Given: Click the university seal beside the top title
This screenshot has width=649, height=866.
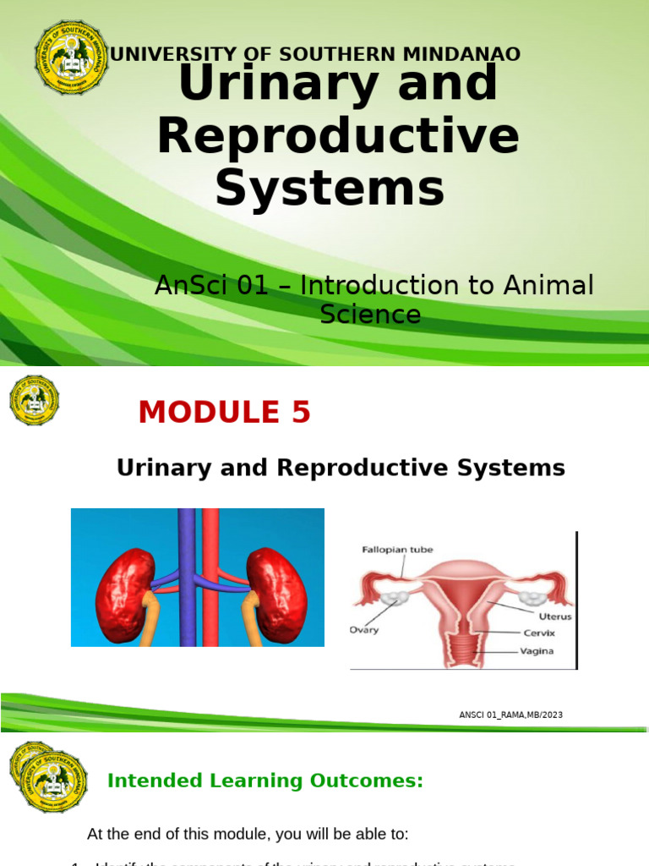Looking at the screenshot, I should tap(71, 57).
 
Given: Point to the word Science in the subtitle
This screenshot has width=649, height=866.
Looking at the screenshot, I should tap(370, 315).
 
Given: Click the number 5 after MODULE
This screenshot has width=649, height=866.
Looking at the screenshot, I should tap(301, 413).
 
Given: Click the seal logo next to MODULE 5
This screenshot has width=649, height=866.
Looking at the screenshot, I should tap(34, 400).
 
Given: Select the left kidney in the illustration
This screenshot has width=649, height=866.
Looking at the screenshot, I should tap(125, 595).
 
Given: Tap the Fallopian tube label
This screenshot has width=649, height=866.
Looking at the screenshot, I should tap(397, 550).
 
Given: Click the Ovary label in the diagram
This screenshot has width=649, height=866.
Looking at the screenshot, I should tap(364, 630).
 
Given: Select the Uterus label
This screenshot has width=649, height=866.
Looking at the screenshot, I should tap(554, 617).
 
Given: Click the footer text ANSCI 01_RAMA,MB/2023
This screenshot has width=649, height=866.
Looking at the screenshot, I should tap(510, 715).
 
